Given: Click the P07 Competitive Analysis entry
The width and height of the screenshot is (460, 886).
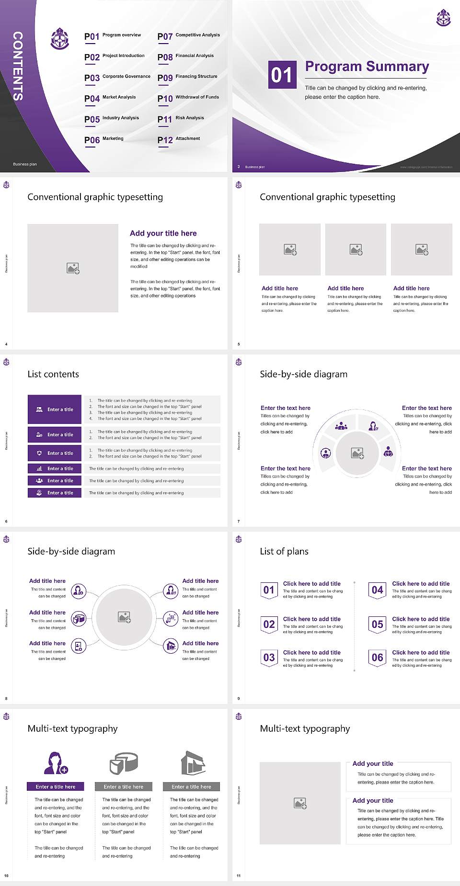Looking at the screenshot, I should point(188,36).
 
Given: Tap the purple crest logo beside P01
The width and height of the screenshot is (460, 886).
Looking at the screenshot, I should point(60,39).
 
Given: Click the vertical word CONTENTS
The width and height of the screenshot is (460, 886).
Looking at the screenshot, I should point(18,66).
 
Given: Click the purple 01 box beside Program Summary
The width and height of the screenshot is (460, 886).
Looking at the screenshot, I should point(282,75).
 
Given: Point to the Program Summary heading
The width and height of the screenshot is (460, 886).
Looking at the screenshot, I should point(367,67).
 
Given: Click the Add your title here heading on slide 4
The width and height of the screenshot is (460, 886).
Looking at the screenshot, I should point(163,233).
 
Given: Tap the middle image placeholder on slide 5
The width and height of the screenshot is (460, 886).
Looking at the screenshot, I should point(356,250).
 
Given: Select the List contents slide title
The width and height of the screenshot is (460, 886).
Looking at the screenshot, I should point(53,374).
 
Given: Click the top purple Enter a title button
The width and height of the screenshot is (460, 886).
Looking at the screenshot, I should point(55,409).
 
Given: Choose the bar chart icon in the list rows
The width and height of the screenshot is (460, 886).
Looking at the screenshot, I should point(39,468).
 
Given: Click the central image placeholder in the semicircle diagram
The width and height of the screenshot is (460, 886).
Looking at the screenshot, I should point(357,453).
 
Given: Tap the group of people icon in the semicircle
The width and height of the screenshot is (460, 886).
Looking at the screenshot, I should point(341,425).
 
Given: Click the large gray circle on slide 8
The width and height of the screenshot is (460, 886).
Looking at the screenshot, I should point(124,617).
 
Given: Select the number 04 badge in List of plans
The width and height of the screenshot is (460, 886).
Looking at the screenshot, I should point(377,590).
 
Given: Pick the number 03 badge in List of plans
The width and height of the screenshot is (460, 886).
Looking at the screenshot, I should point(269,658).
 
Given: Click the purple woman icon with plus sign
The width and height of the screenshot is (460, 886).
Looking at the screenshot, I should point(55,763).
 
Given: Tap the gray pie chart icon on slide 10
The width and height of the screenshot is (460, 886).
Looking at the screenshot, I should point(124,763).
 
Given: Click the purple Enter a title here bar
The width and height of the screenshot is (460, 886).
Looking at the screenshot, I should point(55,786).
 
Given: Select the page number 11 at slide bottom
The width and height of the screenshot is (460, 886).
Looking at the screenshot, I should point(239,875).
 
